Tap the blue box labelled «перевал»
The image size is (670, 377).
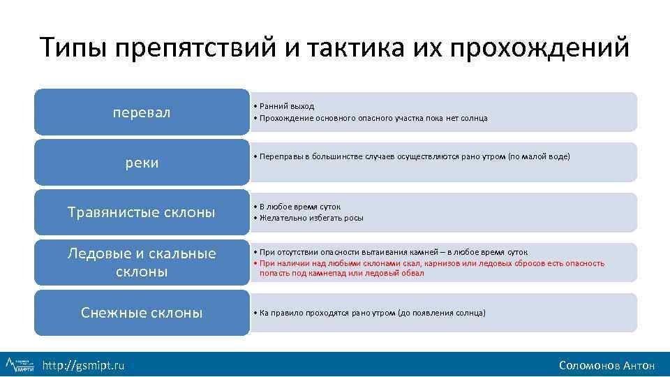[x=142, y=112]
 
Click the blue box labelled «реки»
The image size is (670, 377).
[x=142, y=162]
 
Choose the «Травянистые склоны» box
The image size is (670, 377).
[x=142, y=212]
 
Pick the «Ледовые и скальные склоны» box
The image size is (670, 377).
[x=142, y=262]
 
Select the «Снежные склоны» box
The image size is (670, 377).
[x=142, y=313]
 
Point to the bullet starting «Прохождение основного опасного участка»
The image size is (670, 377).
[x=373, y=118]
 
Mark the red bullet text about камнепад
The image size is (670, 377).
[x=431, y=268]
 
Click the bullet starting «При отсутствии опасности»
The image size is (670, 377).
[x=393, y=251]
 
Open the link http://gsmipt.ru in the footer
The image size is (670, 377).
[x=84, y=365]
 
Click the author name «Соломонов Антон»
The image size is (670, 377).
[x=606, y=365]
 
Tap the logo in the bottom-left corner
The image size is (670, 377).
[x=20, y=364]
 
